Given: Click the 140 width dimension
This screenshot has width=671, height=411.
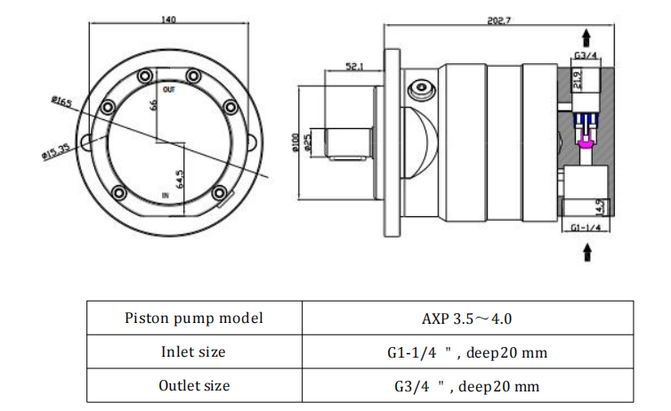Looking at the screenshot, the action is click(x=168, y=20).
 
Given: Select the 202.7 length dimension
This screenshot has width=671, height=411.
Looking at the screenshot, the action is click(x=499, y=20).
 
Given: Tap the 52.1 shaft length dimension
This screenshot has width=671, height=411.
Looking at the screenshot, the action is click(x=354, y=67).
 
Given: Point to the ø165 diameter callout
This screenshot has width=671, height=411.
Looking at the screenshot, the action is click(x=61, y=101).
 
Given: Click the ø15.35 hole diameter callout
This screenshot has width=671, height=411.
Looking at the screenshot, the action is click(x=56, y=151).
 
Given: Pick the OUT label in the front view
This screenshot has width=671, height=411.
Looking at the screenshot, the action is click(x=169, y=90).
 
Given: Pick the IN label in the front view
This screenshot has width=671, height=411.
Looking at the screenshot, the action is click(x=166, y=196).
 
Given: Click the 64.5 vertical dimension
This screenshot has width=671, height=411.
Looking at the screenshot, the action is click(x=180, y=179).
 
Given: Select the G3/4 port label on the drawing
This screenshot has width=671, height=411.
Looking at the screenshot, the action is click(x=586, y=55).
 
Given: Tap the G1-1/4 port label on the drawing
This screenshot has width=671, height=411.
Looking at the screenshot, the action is click(x=586, y=228).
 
